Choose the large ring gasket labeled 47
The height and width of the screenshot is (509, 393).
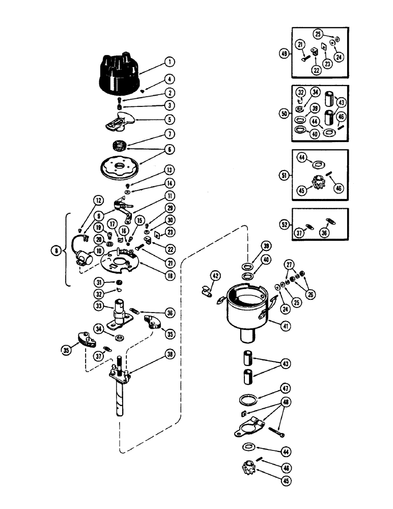click(x=247, y=400)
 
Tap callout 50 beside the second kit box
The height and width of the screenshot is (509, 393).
click(x=284, y=113)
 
